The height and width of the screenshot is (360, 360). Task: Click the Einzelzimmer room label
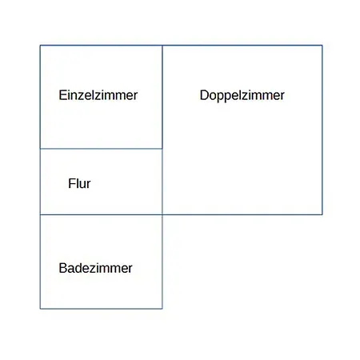click(x=98, y=95)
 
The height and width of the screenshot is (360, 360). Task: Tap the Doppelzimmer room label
click(x=242, y=96)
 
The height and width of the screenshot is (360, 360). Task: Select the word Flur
click(x=79, y=183)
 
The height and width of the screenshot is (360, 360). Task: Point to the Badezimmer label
click(x=95, y=268)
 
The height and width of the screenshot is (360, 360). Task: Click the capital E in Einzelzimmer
click(x=62, y=95)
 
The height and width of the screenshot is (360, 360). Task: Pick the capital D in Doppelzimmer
click(x=204, y=95)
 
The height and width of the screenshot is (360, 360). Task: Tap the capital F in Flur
click(x=71, y=183)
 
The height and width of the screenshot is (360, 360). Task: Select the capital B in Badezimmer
click(x=63, y=268)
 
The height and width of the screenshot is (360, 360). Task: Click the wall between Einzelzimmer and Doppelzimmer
click(x=162, y=97)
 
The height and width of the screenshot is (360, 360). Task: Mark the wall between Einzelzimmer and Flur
click(x=101, y=149)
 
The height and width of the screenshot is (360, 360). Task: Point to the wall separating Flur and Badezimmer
click(x=101, y=214)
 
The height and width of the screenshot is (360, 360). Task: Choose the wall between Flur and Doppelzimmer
click(x=162, y=182)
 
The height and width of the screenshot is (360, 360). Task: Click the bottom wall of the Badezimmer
click(x=101, y=309)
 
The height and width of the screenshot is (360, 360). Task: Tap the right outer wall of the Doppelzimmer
click(x=322, y=130)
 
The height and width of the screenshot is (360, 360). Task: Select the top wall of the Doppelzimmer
click(x=242, y=46)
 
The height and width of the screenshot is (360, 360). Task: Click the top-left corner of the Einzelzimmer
click(x=40, y=46)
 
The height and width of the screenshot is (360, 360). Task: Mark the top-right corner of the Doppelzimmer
click(x=322, y=46)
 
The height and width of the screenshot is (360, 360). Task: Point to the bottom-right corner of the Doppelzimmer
click(x=322, y=214)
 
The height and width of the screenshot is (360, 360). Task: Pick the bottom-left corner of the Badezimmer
click(x=40, y=309)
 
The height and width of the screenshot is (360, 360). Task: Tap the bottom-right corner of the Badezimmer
click(x=162, y=309)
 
